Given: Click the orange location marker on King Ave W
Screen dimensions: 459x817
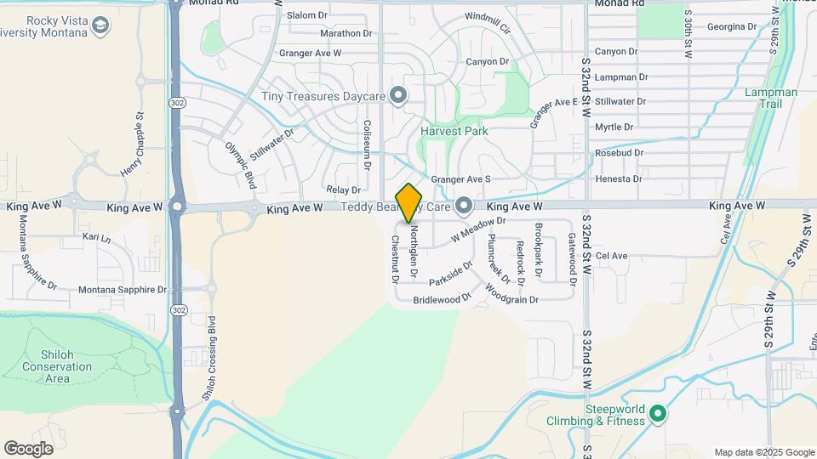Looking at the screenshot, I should click(409, 203).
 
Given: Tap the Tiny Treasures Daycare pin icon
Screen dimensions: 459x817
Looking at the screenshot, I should click(397, 95).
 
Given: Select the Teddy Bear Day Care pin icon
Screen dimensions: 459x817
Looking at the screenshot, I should click(464, 206).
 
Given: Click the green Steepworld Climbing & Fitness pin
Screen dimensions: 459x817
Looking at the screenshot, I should click(657, 414).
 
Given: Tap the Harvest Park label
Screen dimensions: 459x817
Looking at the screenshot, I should click(454, 132).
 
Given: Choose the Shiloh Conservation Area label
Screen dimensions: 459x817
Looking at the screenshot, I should click(57, 366).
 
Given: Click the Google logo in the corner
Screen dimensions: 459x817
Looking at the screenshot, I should click(28, 448).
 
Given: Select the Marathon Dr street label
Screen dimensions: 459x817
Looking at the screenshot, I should click(346, 34).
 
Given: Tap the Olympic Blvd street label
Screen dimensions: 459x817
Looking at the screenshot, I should click(241, 164).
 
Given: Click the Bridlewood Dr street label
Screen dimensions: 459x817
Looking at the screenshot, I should click(442, 300).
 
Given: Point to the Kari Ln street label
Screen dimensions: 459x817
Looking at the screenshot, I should click(96, 239).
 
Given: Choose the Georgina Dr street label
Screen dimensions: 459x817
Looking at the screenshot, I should click(731, 27).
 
